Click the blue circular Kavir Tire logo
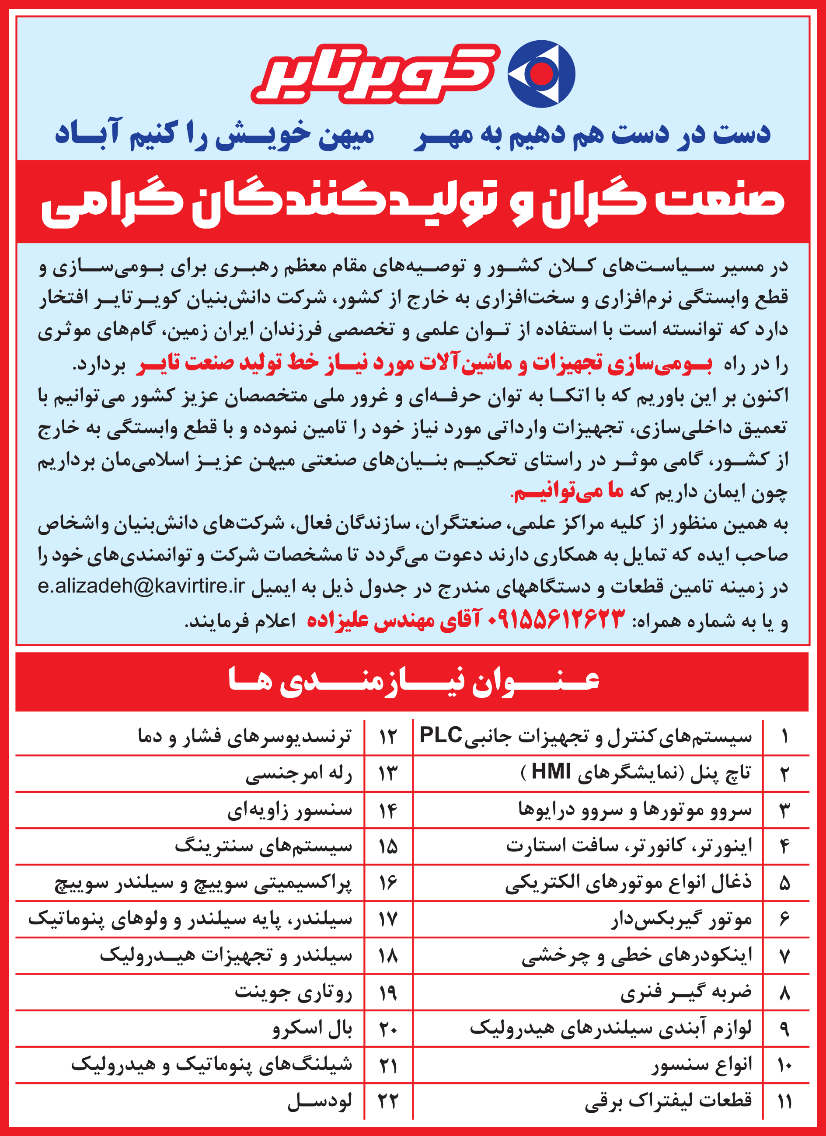click(541, 73)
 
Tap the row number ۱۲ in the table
click(388, 737)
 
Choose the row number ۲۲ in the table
click(388, 1101)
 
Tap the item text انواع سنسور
click(701, 1064)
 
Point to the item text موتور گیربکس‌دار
click(681, 919)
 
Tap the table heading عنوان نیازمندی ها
click(413, 681)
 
